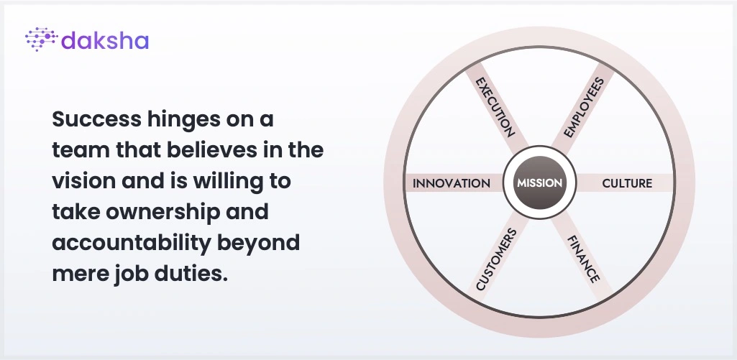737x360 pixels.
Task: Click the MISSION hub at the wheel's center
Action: point(539,183)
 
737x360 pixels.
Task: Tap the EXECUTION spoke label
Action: point(495,107)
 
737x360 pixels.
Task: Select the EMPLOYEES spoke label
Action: point(583,108)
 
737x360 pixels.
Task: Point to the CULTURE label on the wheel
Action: point(627,183)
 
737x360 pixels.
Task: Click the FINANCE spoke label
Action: point(583,259)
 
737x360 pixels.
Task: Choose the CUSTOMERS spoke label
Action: point(496,259)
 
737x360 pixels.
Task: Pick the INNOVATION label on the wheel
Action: point(452,183)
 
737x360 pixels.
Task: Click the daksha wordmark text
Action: point(105,40)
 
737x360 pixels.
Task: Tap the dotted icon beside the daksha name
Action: point(42,39)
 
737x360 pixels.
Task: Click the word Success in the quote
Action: point(96,119)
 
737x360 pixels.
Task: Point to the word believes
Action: point(211,150)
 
